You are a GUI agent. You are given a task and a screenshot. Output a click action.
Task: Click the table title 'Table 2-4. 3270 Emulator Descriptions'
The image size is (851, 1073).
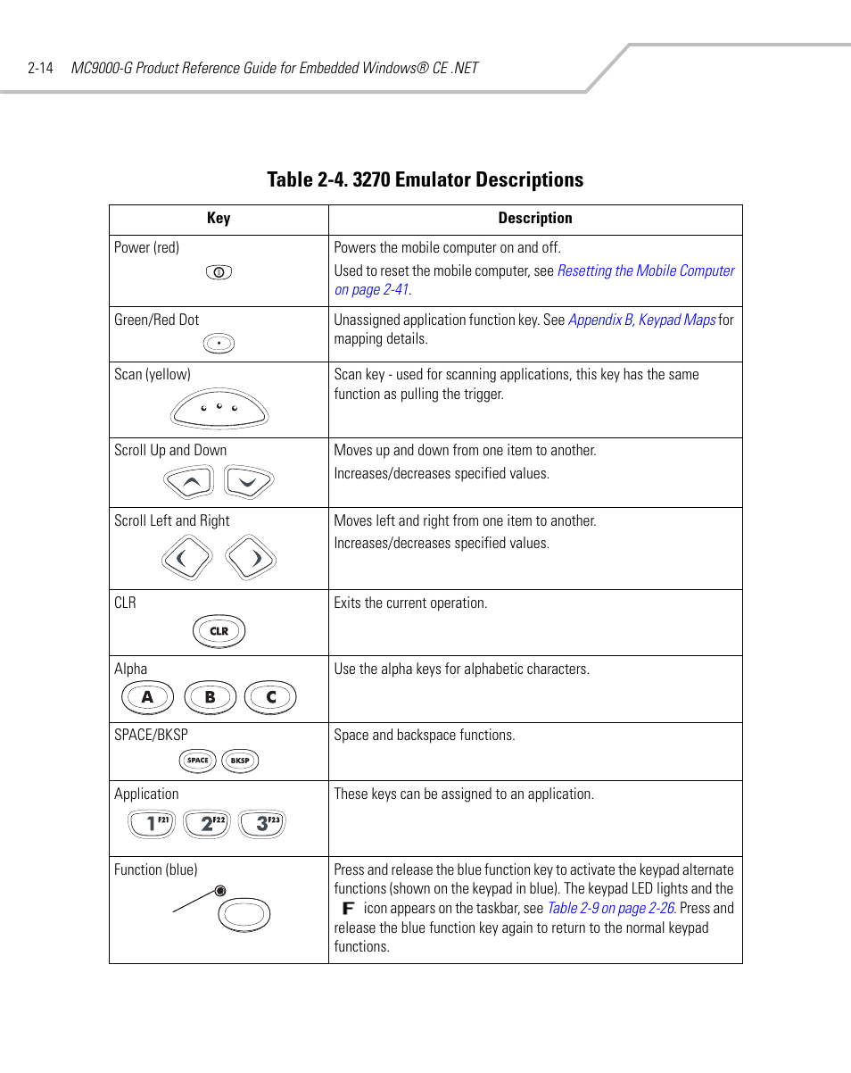[x=425, y=179]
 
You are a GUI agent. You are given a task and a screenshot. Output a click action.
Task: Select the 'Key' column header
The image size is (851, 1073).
[x=219, y=219]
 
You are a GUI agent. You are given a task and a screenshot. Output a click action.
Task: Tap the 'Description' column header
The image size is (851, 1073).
[x=535, y=219]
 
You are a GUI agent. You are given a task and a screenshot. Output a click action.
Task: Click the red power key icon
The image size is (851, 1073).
[x=219, y=272]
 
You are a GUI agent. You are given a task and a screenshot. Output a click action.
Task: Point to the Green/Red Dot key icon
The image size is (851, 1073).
[x=219, y=343]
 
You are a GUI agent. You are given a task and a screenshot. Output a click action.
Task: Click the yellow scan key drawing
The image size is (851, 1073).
[x=219, y=409]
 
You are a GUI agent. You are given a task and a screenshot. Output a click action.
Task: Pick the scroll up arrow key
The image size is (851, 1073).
[x=189, y=483]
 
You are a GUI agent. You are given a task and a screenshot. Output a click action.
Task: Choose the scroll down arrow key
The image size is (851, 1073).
[x=248, y=483]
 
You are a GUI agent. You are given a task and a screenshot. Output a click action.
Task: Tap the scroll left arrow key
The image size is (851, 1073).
[x=186, y=559]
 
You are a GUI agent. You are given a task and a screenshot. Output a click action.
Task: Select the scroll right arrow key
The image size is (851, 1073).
[x=251, y=559]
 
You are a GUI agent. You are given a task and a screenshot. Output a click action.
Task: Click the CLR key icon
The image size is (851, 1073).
[x=219, y=631]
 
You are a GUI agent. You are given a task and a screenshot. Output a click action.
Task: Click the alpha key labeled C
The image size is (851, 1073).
[x=271, y=697]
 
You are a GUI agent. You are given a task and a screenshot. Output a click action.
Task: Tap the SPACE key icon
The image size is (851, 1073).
[x=198, y=761]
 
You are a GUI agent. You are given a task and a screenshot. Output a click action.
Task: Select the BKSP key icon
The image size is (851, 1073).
[x=239, y=761]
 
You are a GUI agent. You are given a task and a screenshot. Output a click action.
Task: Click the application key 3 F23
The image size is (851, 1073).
[x=262, y=823]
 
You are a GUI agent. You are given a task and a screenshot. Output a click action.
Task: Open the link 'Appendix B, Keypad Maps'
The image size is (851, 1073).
[x=641, y=320]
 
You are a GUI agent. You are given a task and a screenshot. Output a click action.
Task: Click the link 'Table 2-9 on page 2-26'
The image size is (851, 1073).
[x=610, y=908]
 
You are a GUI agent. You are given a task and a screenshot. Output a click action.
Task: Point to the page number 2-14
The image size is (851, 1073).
[x=41, y=68]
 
